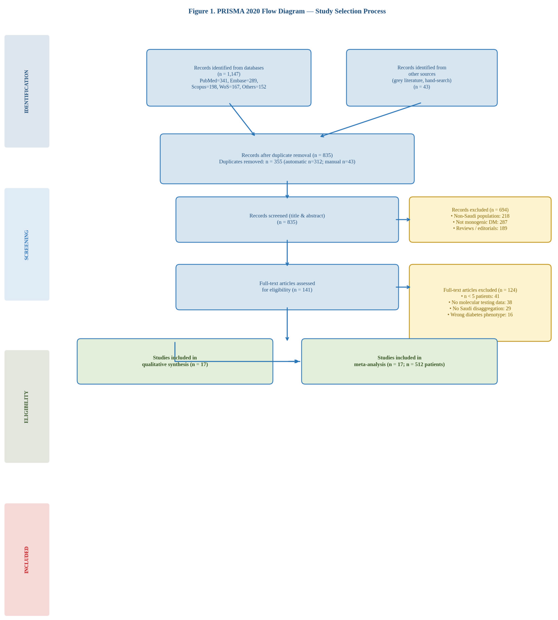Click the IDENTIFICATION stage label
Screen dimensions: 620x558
tap(26, 91)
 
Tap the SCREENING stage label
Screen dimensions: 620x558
tap(26, 245)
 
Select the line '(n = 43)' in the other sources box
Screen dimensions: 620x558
tap(422, 87)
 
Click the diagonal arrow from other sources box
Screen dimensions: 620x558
tap(371, 120)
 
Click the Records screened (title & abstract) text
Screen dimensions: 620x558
tap(287, 216)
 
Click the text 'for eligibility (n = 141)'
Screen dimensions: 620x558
tap(287, 290)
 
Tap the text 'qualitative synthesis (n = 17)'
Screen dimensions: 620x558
tap(175, 364)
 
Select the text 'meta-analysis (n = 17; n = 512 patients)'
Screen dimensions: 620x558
tap(399, 364)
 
